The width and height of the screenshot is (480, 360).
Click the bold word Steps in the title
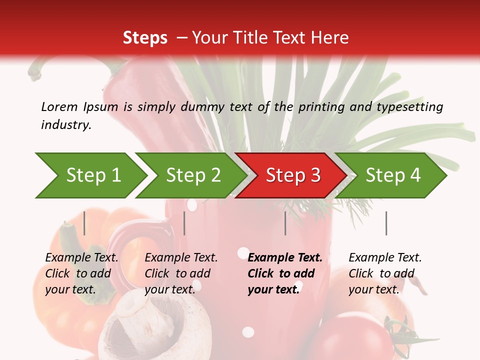click(145, 38)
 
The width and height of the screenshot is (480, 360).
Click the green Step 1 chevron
click(92, 175)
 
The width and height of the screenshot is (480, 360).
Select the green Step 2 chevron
click(193, 175)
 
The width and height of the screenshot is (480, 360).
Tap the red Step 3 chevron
click(293, 175)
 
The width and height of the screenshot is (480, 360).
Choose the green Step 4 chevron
click(393, 175)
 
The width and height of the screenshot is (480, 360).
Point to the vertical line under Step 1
click(84, 223)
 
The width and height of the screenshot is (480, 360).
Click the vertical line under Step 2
click(184, 223)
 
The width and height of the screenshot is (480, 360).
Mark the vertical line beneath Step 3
click(285, 223)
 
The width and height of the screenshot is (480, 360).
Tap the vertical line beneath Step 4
click(386, 223)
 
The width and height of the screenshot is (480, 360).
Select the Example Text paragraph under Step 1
click(81, 273)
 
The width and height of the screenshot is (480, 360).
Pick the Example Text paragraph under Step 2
click(181, 273)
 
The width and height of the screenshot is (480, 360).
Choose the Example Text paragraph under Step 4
click(385, 273)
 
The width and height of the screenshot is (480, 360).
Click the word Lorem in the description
click(59, 107)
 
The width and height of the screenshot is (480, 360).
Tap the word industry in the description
click(66, 125)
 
